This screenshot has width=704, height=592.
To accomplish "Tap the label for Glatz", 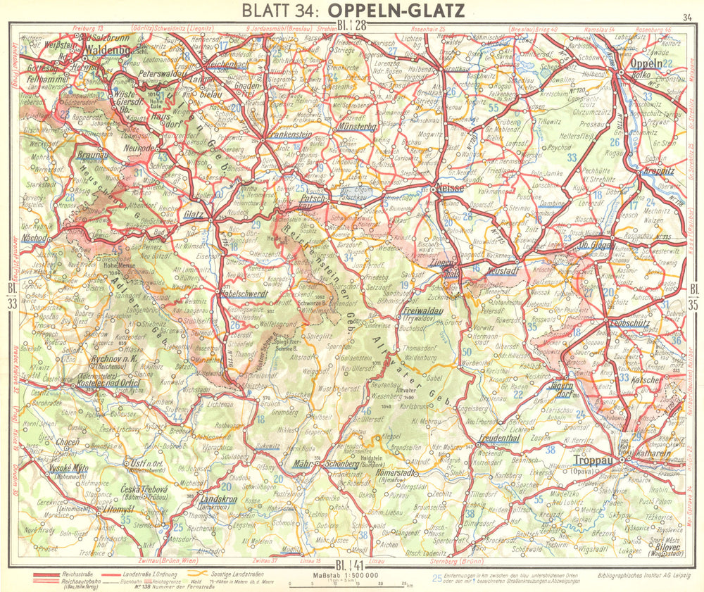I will click(193, 215).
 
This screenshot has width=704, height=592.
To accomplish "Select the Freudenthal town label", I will click(498, 438).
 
